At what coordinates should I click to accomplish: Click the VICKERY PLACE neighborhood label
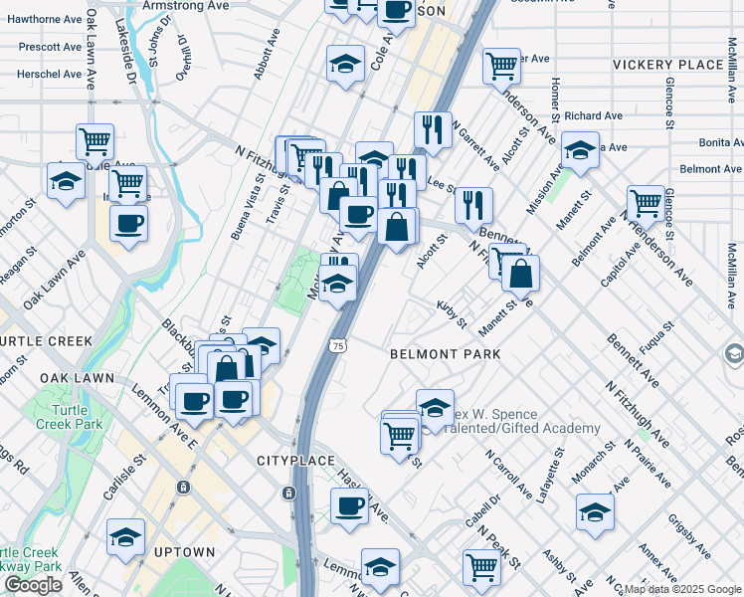click(667, 65)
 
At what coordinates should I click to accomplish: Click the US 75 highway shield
click(339, 345)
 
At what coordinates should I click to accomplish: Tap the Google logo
click(33, 585)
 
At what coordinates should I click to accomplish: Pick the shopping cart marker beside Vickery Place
click(502, 66)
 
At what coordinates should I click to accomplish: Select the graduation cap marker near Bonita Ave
click(580, 151)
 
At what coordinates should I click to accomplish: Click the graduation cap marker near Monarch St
click(595, 513)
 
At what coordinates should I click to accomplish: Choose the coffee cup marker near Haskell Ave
click(350, 505)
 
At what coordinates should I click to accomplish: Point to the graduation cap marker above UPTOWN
click(126, 538)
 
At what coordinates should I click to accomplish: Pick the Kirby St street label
click(452, 314)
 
